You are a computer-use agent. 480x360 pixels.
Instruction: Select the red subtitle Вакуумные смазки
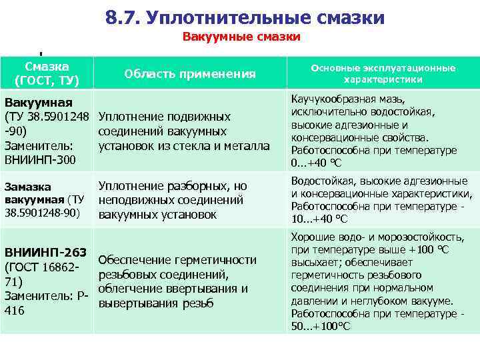pos(241,37)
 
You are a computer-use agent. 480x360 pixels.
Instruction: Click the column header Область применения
pos(190,73)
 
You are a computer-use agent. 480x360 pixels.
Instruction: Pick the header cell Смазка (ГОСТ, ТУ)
pos(47,73)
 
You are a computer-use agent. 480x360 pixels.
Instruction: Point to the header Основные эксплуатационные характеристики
pos(383,73)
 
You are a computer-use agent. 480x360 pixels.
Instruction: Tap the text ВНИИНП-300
pos(40,160)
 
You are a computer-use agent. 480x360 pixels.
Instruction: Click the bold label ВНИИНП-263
pos(45,252)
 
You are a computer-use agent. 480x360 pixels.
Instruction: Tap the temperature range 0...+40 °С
pos(317,162)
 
